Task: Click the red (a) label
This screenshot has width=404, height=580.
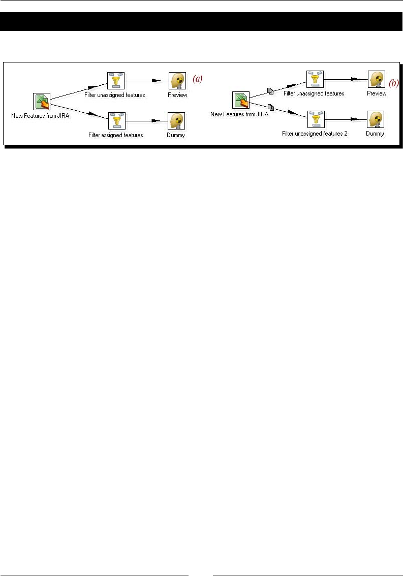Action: [197, 79]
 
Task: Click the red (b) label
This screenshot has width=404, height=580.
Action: [394, 82]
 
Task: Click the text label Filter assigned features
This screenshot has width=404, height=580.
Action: [115, 135]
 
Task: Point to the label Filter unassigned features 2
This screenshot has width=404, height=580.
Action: [315, 134]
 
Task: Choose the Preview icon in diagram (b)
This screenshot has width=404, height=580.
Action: [377, 79]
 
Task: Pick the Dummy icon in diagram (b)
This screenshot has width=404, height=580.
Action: [376, 120]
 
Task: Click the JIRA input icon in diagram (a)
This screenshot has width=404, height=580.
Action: [42, 102]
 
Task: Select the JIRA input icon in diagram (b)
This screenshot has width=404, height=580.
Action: [241, 100]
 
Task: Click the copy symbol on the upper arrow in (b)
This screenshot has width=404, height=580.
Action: [271, 91]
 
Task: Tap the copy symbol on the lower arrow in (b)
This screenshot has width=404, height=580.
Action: [271, 107]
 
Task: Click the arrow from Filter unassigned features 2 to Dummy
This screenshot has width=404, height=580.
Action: [345, 120]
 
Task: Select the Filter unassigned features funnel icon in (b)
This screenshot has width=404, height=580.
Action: [315, 79]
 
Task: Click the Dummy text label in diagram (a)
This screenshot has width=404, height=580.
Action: [176, 135]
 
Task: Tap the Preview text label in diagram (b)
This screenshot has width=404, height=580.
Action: [377, 93]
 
